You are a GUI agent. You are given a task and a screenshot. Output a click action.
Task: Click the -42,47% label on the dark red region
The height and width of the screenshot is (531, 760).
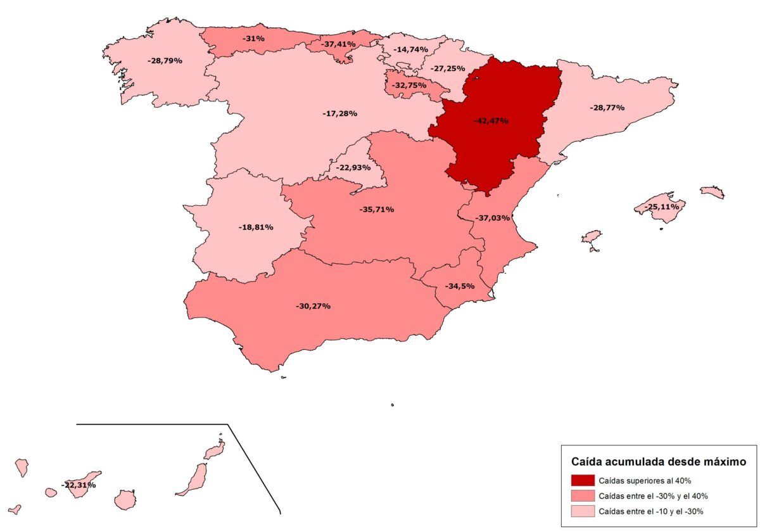[491, 120]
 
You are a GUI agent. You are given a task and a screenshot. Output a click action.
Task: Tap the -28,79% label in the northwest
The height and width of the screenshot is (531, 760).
[165, 61]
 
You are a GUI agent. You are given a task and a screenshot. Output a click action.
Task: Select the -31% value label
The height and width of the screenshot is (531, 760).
[253, 39]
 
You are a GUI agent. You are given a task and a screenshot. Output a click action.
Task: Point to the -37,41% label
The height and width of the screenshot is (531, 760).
[338, 44]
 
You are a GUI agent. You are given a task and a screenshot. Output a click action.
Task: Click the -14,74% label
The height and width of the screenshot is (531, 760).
[410, 49]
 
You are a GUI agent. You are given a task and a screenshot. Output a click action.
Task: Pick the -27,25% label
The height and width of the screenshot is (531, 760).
[448, 68]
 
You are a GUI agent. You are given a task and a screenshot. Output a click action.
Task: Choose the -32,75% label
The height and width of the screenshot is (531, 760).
[410, 85]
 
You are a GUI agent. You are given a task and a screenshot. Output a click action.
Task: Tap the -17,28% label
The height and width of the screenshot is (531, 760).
[339, 113]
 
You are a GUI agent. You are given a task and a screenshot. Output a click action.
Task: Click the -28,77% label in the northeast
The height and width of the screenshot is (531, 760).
[607, 108]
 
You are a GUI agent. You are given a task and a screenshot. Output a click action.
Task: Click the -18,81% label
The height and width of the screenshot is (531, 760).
[255, 227]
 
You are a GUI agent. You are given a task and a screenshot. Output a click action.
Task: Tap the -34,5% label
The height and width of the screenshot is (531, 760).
[460, 286]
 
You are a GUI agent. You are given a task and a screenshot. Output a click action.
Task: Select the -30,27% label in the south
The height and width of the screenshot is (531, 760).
[313, 306]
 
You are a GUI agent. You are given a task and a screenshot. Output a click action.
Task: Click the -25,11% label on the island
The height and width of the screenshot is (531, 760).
[661, 207]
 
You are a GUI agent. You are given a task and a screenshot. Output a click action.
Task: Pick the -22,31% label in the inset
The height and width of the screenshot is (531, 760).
[79, 485]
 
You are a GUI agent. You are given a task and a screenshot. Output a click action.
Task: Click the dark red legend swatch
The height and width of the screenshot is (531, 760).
[582, 480]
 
